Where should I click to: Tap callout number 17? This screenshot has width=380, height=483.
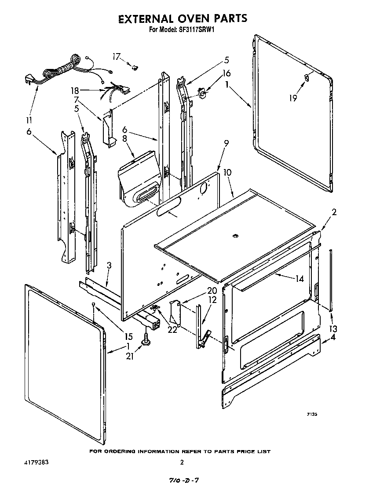pyautogui.click(x=116, y=56)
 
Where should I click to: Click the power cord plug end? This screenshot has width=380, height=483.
pyautogui.click(x=27, y=79)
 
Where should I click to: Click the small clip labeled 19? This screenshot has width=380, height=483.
pyautogui.click(x=307, y=78)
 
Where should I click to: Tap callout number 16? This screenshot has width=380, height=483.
pyautogui.click(x=227, y=73)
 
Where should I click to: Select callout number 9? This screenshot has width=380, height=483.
pyautogui.click(x=226, y=143)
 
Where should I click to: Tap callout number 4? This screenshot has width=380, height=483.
pyautogui.click(x=333, y=338)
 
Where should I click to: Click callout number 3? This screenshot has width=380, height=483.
pyautogui.click(x=109, y=265)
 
